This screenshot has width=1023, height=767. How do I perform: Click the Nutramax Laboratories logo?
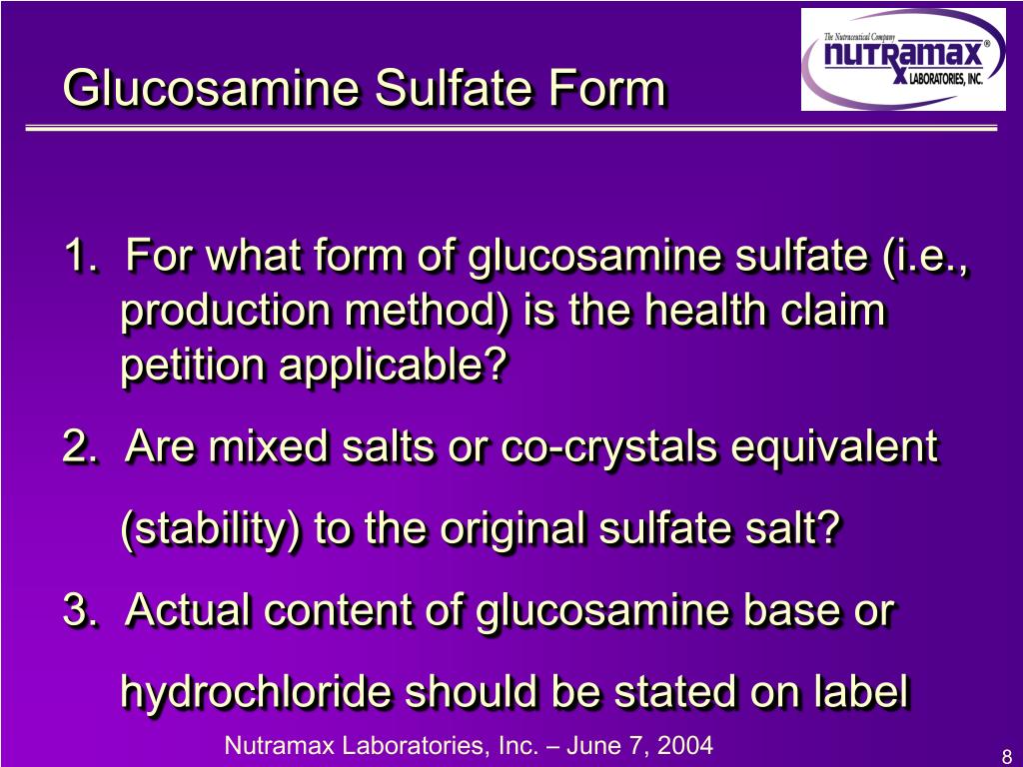tap(903, 60)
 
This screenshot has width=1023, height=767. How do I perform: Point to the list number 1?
tap(78, 257)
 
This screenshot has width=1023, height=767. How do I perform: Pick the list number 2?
tap(79, 446)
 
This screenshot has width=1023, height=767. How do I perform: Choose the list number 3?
tap(79, 609)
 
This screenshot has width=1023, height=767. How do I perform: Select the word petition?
tap(194, 368)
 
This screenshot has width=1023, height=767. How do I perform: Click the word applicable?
tap(393, 368)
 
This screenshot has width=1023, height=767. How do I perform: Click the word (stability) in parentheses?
tap(211, 529)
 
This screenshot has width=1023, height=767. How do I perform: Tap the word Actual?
tap(189, 609)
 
